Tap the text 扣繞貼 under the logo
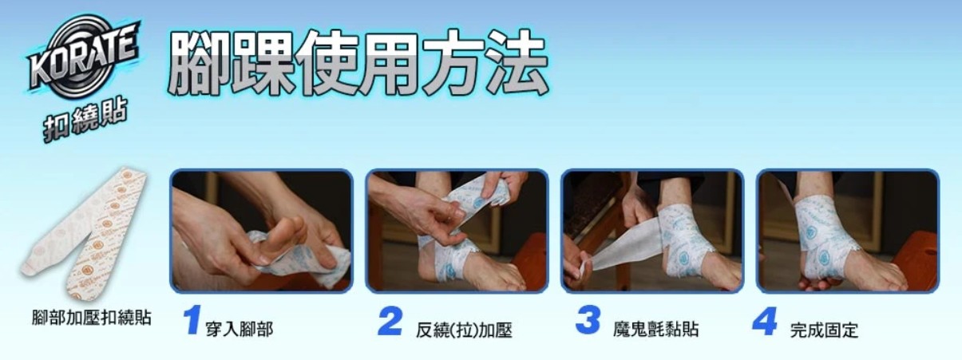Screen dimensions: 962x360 [86, 120]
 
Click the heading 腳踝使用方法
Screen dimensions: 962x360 [358, 63]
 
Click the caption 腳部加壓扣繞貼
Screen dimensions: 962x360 [92, 318]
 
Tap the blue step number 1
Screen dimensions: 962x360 [192, 320]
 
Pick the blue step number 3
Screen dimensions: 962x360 [588, 320]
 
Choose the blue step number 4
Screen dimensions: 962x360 [765, 321]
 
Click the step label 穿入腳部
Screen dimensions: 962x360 [240, 330]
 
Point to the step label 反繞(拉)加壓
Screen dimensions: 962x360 [464, 330]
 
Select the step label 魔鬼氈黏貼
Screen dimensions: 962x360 [655, 330]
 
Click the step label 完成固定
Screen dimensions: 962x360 [824, 330]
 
